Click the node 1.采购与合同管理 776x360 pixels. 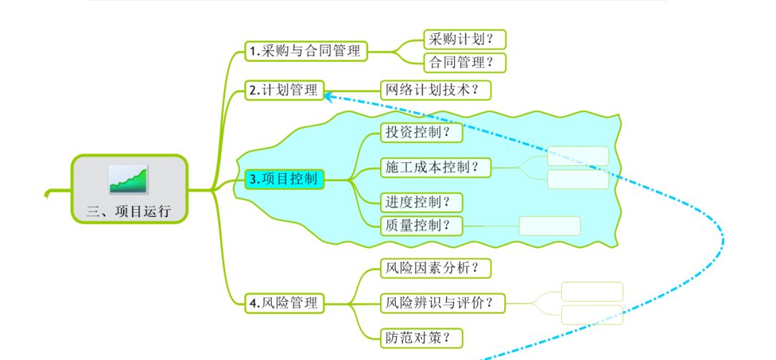click(306, 51)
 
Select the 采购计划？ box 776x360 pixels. click(465, 39)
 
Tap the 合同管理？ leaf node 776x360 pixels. click(465, 63)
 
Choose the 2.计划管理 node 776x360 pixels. click(285, 90)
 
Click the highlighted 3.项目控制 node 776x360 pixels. click(285, 179)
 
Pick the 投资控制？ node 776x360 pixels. click(422, 132)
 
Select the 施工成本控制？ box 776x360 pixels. click(436, 168)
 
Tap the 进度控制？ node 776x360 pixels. click(422, 203)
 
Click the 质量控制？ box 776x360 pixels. click(422, 226)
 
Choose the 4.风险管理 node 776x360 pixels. click(285, 303)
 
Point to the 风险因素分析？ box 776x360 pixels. click(436, 269)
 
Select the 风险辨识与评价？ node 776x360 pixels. click(443, 303)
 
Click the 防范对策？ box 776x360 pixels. click(422, 338)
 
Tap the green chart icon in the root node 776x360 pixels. click(129, 179)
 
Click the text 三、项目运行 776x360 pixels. click(129, 211)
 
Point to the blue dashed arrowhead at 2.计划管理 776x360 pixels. click(328, 96)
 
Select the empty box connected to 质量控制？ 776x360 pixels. click(550, 226)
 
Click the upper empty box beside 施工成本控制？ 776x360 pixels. click(578, 156)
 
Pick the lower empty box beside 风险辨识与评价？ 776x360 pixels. click(592, 315)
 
